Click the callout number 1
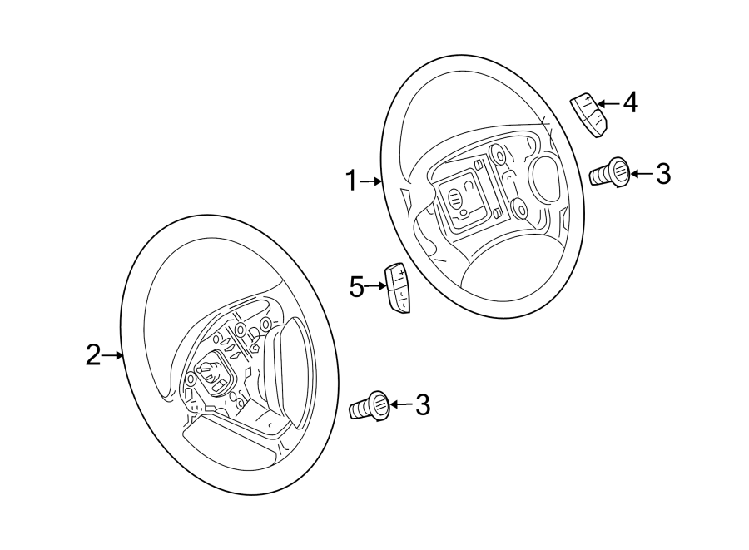point(351,180)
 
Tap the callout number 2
point(93,355)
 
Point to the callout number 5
point(357,288)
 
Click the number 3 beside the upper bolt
point(662,173)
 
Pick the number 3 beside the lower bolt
point(423,405)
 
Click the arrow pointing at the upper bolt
point(641,174)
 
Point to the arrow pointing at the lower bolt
point(401,405)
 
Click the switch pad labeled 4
point(588,114)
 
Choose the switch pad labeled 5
point(398,288)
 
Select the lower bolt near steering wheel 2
point(372,406)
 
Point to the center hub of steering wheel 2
point(211,375)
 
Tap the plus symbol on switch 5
point(401,272)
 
